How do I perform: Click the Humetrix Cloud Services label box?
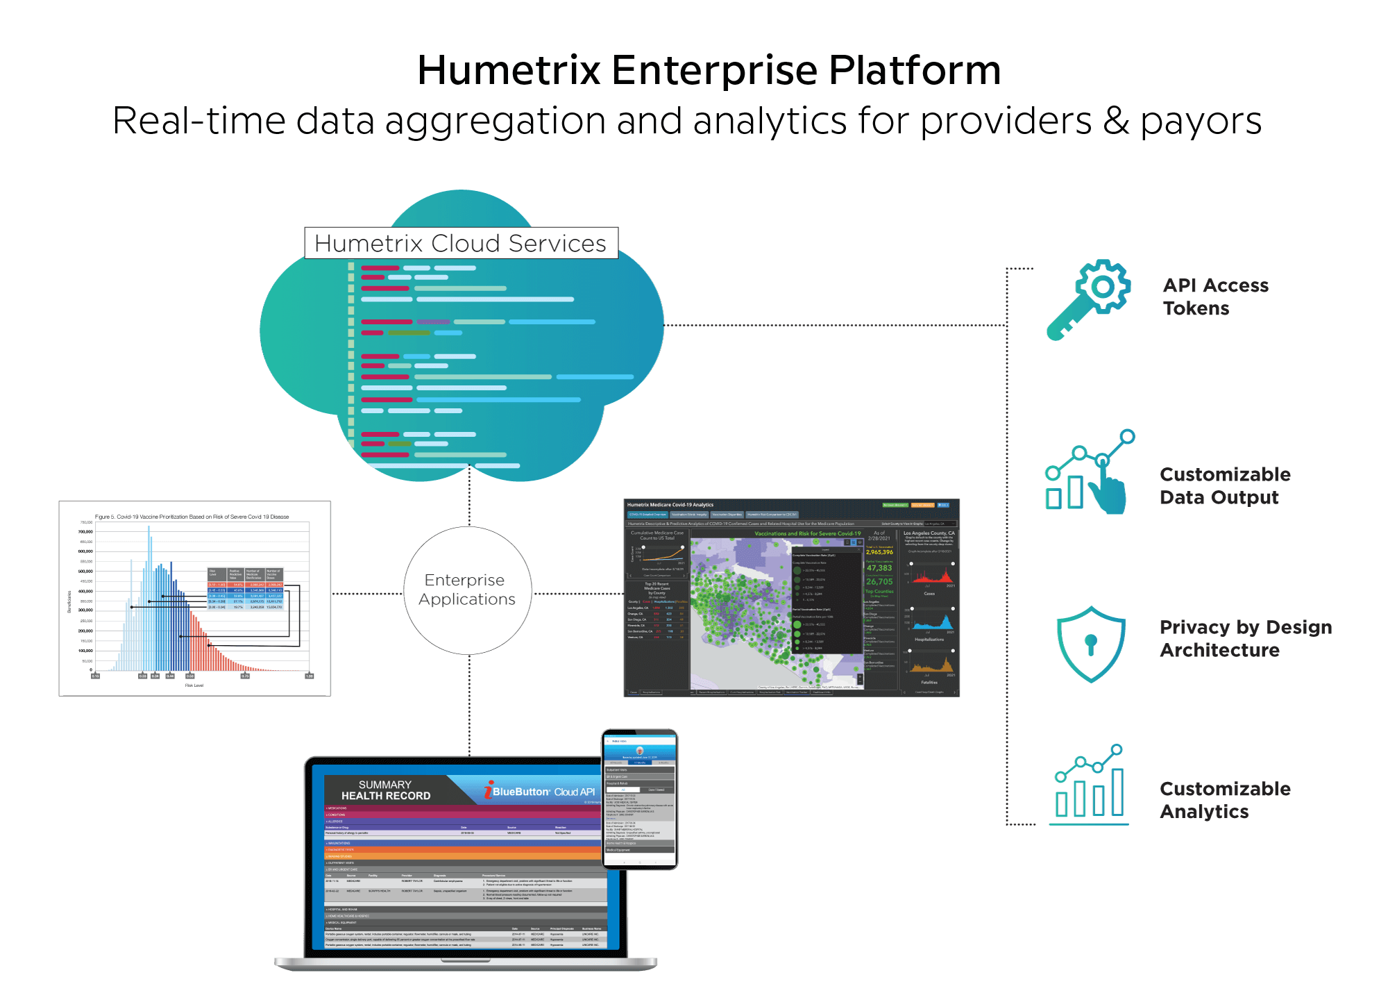[x=461, y=244]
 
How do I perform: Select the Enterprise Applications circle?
[x=468, y=590]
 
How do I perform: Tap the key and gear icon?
[x=1088, y=299]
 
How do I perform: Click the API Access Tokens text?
[x=1215, y=297]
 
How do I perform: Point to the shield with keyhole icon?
[x=1090, y=644]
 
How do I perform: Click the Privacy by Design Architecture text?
[x=1245, y=638]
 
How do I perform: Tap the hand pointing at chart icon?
[x=1090, y=473]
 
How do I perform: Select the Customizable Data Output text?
[x=1225, y=485]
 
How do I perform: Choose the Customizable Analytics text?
[x=1225, y=800]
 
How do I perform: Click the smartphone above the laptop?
[x=639, y=799]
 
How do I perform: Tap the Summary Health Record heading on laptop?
[x=386, y=790]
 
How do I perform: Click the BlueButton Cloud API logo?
[x=540, y=792]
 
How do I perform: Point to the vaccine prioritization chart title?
[x=192, y=517]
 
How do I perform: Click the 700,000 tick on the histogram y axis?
[x=85, y=532]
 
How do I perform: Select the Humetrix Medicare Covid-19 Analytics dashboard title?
[x=670, y=505]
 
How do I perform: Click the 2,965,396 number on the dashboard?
[x=879, y=552]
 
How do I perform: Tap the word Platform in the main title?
[x=915, y=70]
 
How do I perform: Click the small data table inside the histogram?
[x=246, y=589]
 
